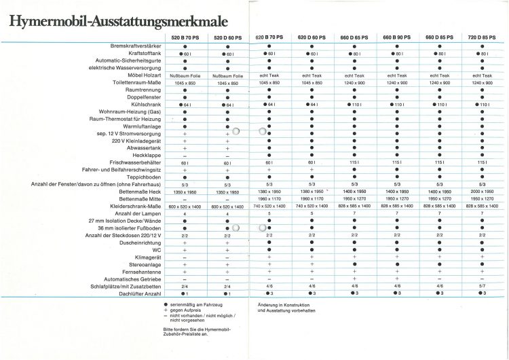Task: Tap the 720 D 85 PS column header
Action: (482, 37)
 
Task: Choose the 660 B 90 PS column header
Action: (397, 37)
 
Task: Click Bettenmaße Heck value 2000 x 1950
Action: (482, 192)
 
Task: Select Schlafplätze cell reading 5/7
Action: (482, 287)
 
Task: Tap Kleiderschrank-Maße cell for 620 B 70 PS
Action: (269, 206)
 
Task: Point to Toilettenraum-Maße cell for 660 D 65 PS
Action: (354, 83)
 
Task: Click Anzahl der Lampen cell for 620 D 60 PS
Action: (312, 214)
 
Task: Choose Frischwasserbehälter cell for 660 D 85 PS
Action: (439, 163)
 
